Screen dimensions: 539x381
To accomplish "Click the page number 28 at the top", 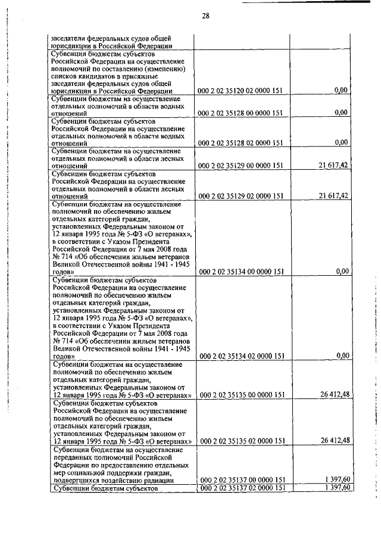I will [x=205, y=15].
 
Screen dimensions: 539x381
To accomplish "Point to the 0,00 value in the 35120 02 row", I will [x=341, y=91].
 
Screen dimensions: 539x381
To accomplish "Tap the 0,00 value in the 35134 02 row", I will [x=341, y=356].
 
